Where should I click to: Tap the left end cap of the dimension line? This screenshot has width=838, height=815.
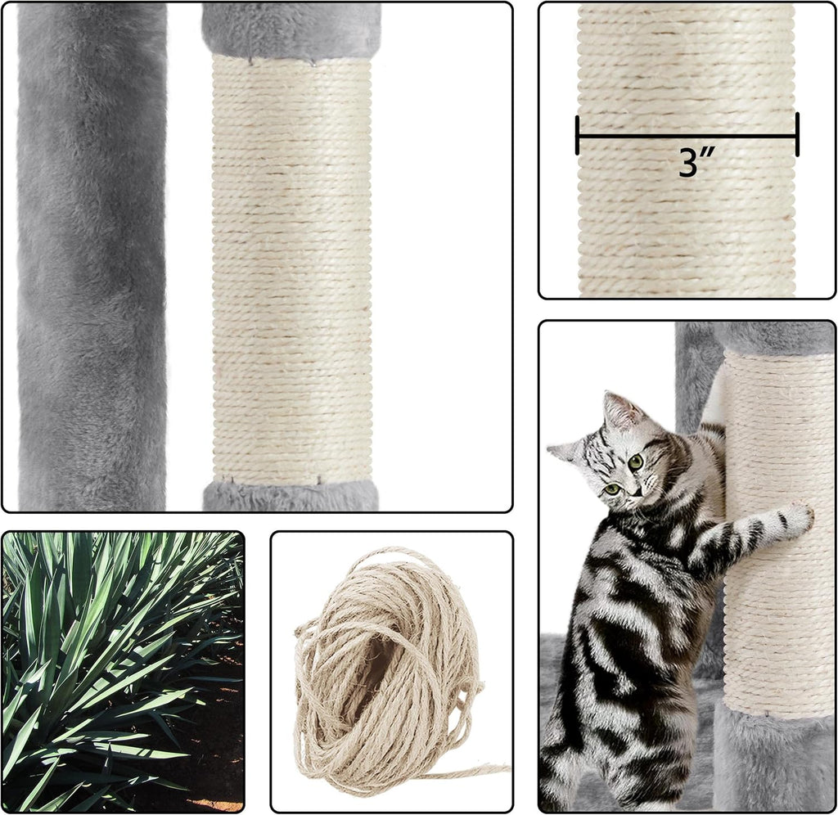pyautogui.click(x=578, y=135)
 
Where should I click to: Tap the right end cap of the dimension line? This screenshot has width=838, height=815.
pyautogui.click(x=796, y=135)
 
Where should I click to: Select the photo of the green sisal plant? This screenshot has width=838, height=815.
pyautogui.click(x=123, y=671)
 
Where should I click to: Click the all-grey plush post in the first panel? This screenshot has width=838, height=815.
pyautogui.click(x=92, y=254)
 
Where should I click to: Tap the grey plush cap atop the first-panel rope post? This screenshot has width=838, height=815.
pyautogui.click(x=291, y=29)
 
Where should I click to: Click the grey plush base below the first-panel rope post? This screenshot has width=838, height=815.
pyautogui.click(x=291, y=495)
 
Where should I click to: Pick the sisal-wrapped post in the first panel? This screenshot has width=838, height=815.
pyautogui.click(x=291, y=270)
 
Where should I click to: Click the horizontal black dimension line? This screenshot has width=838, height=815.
pyautogui.click(x=687, y=135)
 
